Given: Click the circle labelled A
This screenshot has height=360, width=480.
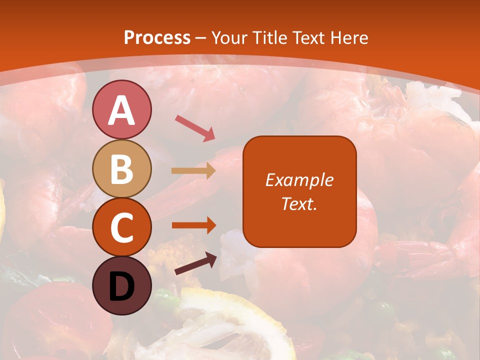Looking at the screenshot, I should (122, 109).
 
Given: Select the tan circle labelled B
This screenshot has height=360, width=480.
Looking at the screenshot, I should (122, 168).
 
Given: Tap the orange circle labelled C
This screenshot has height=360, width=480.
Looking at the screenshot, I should (122, 227).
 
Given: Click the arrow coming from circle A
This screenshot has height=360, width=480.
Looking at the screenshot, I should (195, 127).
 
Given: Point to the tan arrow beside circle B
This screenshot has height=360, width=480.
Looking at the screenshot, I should (193, 170).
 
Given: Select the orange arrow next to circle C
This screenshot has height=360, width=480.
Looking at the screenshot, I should (193, 225).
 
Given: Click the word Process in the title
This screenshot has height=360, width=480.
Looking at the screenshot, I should (157, 37).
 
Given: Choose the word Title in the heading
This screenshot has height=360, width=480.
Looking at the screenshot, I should (270, 37).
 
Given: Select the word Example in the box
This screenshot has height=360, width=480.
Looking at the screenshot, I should (299, 180).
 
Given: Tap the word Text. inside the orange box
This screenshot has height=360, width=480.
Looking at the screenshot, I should (299, 203).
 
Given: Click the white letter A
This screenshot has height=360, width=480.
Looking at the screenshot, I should (122, 110).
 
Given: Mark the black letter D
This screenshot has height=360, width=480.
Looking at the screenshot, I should (122, 286).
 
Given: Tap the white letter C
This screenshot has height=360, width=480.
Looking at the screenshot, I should (122, 228).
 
